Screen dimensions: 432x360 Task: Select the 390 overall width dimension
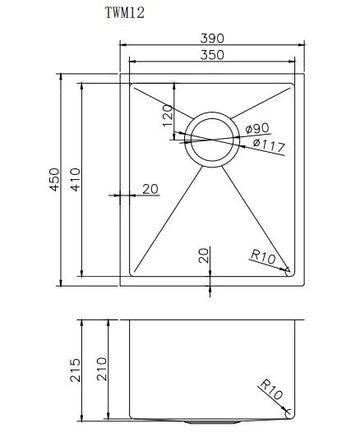coord(211,37)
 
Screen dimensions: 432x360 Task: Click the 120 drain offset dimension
coord(166,119)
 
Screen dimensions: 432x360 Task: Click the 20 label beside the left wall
coord(150,189)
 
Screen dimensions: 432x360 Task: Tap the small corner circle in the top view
coord(288,269)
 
